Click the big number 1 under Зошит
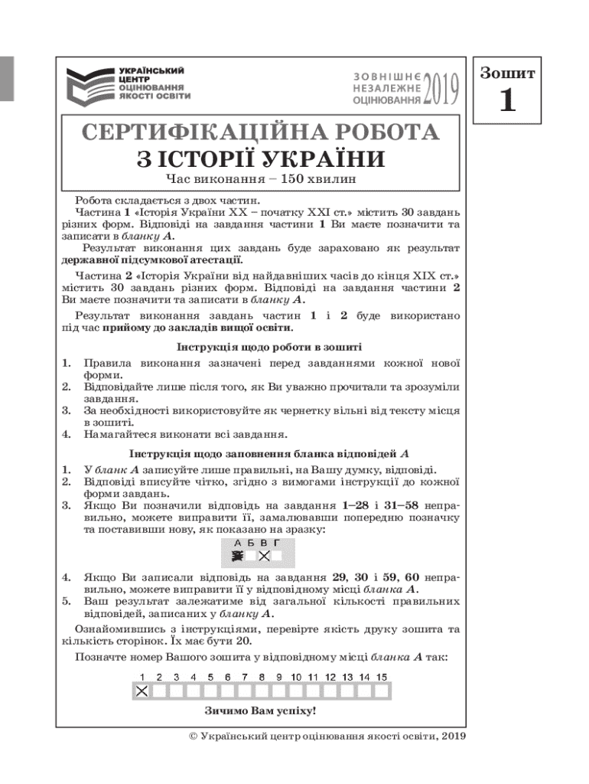click(507, 101)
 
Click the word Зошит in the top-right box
click(507, 73)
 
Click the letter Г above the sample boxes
click(277, 543)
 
